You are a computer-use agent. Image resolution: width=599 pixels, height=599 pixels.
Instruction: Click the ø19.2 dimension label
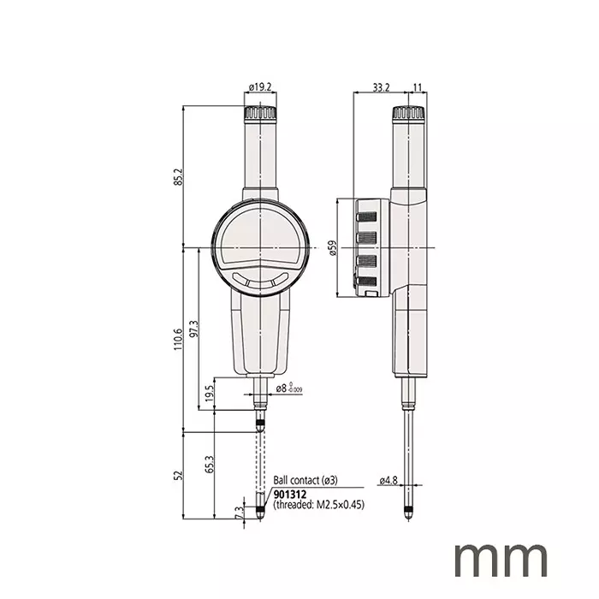[260, 86]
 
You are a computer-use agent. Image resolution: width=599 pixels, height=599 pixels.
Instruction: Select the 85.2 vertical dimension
[178, 176]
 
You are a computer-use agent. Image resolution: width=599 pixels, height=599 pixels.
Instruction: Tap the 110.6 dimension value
[178, 340]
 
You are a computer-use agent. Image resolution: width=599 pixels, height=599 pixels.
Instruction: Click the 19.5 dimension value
[209, 393]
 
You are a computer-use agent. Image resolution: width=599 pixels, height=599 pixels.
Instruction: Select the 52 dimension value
[178, 475]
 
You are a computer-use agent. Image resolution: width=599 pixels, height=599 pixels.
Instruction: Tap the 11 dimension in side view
[417, 86]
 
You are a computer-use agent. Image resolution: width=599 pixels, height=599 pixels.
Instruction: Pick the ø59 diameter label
[332, 248]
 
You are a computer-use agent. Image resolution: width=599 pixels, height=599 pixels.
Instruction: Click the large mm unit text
[501, 558]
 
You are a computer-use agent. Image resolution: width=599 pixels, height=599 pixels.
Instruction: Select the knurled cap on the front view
[259, 114]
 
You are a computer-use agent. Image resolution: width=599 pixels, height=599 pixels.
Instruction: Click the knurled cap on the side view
[406, 114]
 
